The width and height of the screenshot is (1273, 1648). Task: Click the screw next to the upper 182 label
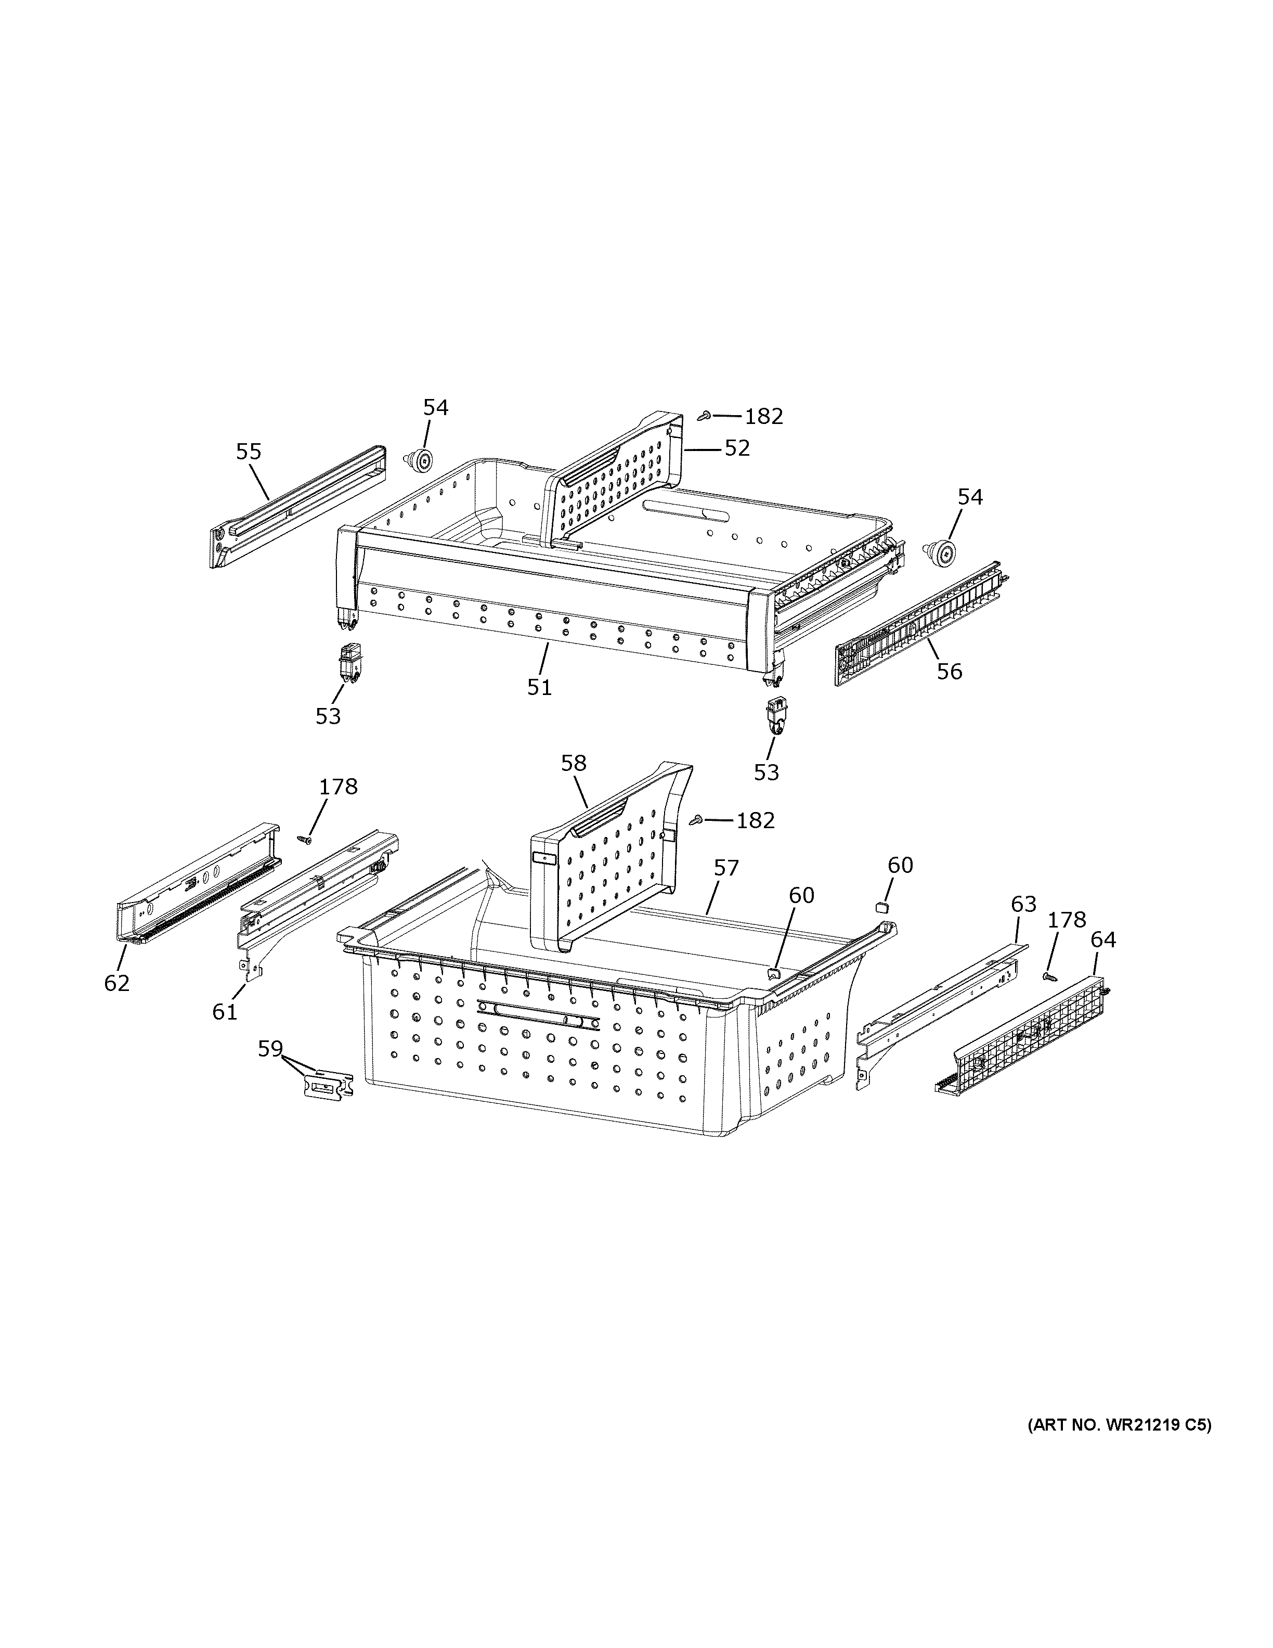click(x=705, y=414)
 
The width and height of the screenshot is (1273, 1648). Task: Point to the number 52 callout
click(x=737, y=448)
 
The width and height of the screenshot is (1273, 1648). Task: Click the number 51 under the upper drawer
click(x=539, y=687)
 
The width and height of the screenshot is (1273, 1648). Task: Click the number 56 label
click(x=950, y=671)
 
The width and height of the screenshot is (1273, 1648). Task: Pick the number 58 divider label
click(x=573, y=763)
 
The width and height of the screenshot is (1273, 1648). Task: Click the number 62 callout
click(x=117, y=983)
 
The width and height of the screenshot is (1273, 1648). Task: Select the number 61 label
click(x=225, y=1012)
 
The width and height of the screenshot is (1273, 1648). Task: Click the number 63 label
click(x=1023, y=904)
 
